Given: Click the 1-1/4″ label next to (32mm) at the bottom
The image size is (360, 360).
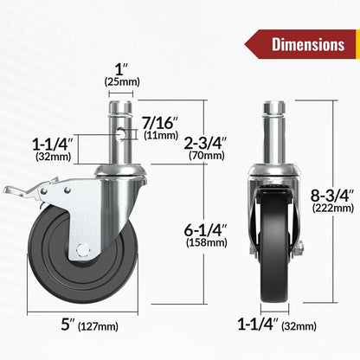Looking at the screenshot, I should tap(257, 326).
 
